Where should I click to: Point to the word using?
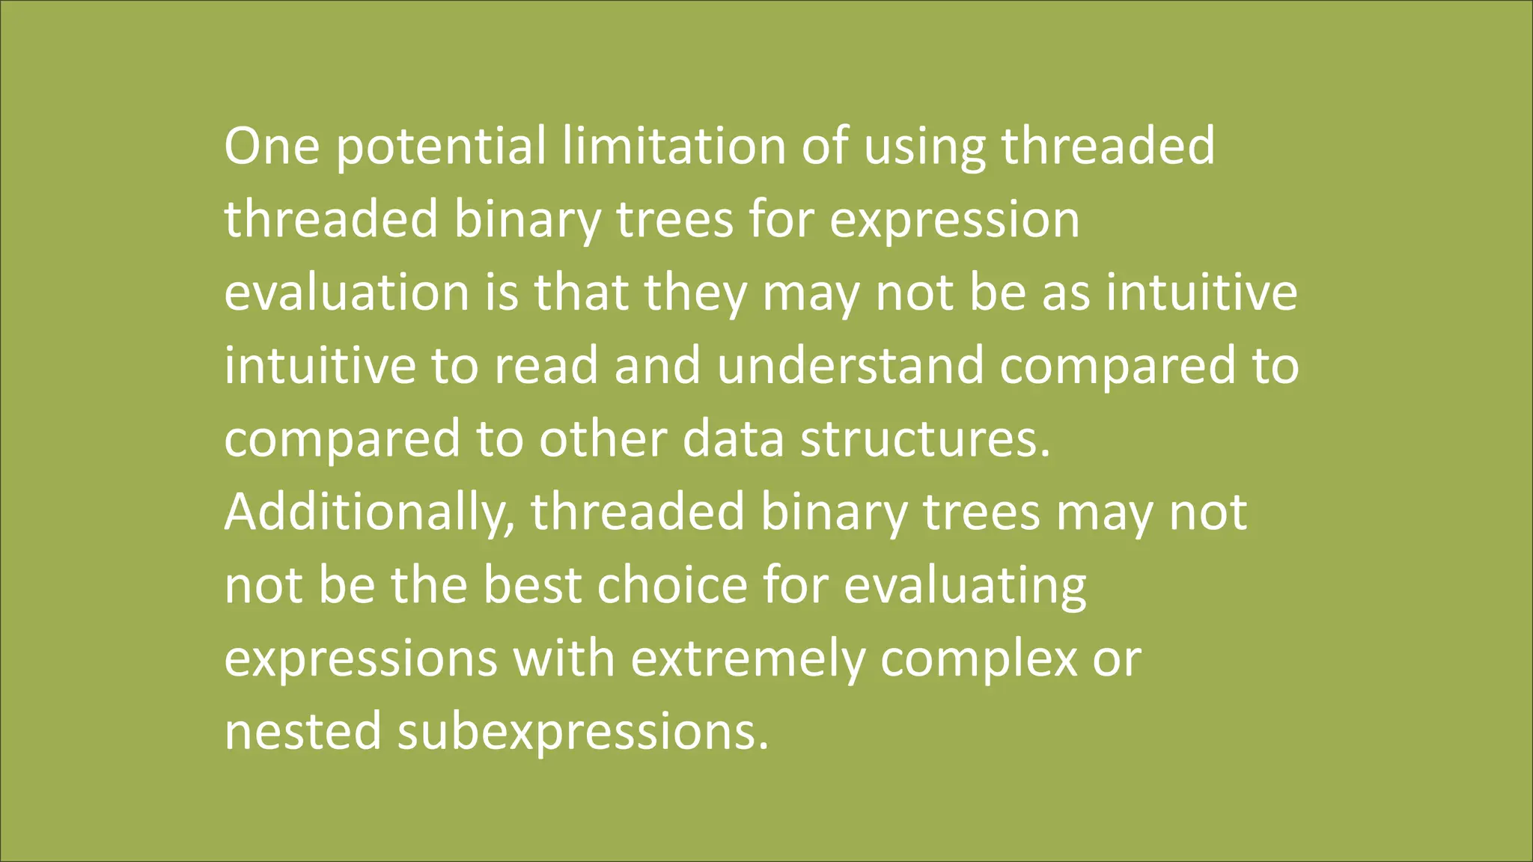coord(925,147)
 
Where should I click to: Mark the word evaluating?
coord(965,586)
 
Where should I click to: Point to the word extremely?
coord(746,659)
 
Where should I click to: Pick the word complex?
coord(978,659)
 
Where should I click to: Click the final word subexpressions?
coord(582,733)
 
